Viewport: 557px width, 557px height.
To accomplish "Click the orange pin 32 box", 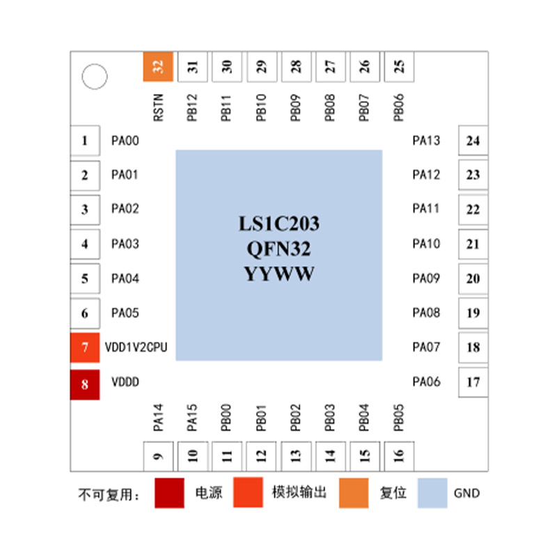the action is click(158, 66).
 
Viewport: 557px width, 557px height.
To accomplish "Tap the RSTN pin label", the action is click(158, 108).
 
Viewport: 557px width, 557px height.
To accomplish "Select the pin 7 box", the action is click(85, 347).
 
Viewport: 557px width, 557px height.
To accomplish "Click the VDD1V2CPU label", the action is click(136, 347).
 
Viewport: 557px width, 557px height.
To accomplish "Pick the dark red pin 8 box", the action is click(85, 385).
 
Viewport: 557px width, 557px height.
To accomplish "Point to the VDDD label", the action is click(125, 382).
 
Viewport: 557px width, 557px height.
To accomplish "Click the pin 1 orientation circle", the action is click(95, 77).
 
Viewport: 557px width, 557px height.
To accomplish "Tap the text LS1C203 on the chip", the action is click(279, 223).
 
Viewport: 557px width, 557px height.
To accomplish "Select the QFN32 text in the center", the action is click(279, 249).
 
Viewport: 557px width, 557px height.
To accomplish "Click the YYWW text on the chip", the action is click(279, 274).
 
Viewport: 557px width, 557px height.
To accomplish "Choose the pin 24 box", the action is click(473, 141).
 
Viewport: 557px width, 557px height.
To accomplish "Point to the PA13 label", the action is click(426, 141).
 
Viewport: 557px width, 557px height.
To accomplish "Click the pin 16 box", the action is click(399, 456).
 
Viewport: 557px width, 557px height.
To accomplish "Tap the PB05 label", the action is click(399, 417).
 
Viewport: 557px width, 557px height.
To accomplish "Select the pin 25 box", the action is click(399, 67).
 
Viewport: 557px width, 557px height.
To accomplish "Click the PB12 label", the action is click(192, 108).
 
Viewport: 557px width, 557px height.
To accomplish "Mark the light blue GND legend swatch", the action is click(432, 493).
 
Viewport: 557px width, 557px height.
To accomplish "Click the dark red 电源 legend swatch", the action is click(169, 493).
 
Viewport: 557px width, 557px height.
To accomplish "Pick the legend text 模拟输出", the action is click(299, 492).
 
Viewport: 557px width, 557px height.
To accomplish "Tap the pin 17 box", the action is click(473, 382).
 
